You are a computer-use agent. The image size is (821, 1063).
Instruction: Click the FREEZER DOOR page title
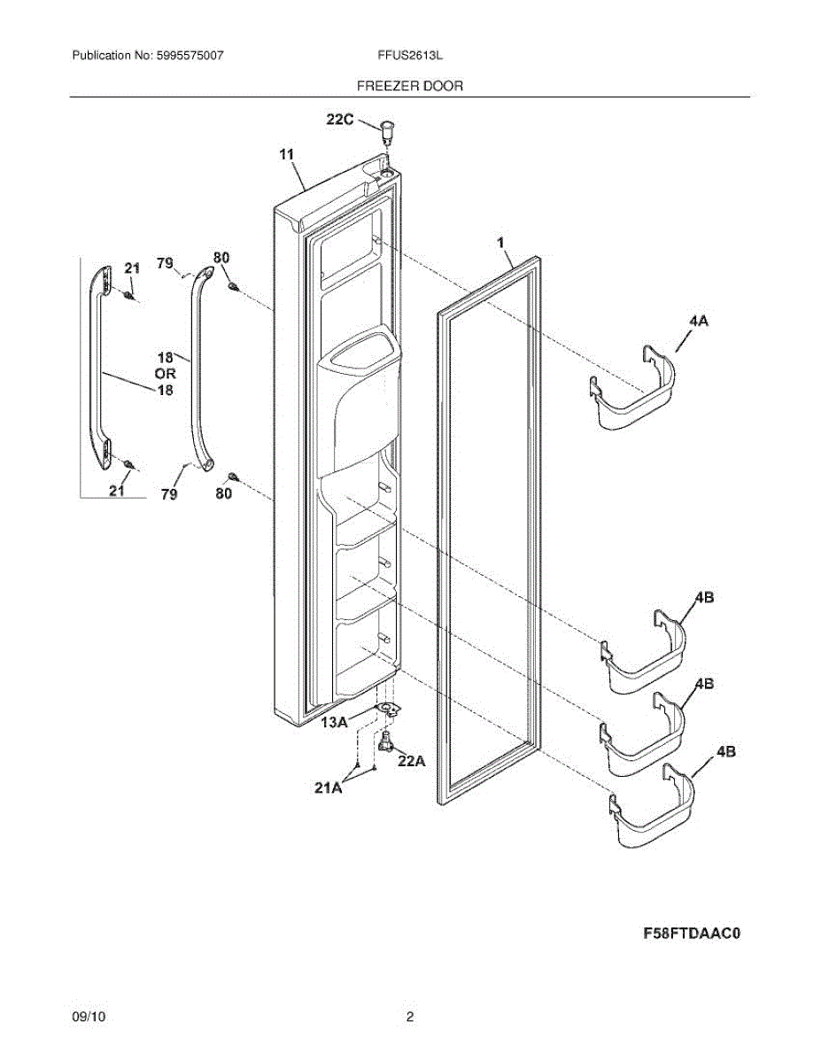(x=409, y=86)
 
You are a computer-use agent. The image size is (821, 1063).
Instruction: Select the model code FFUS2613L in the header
(x=410, y=55)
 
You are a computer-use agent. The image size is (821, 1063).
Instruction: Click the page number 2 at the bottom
(x=410, y=1018)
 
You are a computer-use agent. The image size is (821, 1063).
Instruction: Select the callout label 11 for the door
(x=286, y=155)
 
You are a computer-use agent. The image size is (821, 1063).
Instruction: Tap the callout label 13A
(x=335, y=723)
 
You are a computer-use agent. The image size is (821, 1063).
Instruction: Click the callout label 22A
(x=411, y=760)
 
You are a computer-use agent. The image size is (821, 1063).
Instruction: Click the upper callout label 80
(x=221, y=258)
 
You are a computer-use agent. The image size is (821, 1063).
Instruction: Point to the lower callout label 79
(x=169, y=494)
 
